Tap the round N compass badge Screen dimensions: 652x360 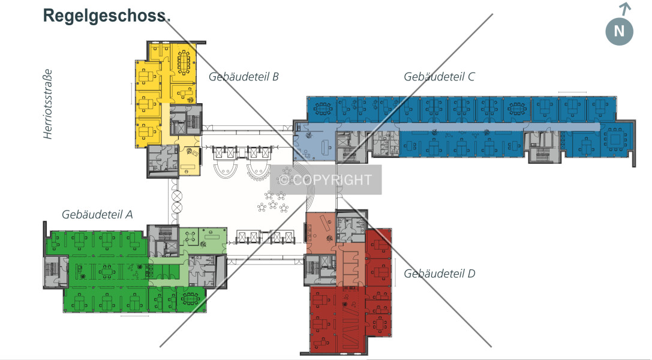(619, 31)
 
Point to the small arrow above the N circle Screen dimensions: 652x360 (625, 9)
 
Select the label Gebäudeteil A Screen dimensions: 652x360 (97, 215)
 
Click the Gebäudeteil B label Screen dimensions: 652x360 (244, 76)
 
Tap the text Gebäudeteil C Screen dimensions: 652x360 (439, 76)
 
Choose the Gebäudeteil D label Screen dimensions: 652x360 (440, 274)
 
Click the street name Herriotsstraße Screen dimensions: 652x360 (48, 104)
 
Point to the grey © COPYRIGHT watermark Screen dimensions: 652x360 (326, 179)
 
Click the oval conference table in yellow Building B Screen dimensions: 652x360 (184, 62)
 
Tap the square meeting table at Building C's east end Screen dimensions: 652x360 (615, 138)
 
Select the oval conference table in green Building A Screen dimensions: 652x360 (190, 298)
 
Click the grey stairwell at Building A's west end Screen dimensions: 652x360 (55, 271)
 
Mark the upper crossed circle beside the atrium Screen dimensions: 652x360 (177, 196)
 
